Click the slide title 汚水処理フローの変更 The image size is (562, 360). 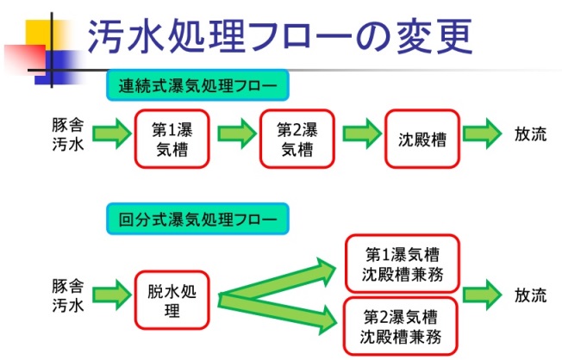point(280,36)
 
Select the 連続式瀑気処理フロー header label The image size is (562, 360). point(197,85)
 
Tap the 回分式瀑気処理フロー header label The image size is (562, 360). point(197,219)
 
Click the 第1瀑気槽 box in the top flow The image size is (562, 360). point(172,139)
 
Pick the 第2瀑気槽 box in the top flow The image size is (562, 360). point(297,139)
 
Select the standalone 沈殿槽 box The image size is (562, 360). point(422,139)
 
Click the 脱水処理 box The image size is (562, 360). point(172,301)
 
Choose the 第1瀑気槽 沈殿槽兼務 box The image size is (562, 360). point(403,264)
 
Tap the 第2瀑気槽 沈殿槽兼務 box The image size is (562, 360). point(401,326)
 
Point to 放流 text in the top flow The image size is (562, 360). point(530,134)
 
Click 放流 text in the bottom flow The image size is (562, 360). point(530,295)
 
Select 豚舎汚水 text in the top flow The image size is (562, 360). point(68,134)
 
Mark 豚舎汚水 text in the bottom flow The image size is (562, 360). point(68,296)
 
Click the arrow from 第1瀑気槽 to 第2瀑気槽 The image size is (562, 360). point(237,134)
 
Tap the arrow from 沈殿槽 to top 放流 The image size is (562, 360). point(482,134)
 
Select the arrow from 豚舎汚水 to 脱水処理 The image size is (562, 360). point(112,295)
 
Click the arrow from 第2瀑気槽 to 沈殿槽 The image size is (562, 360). point(362,134)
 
